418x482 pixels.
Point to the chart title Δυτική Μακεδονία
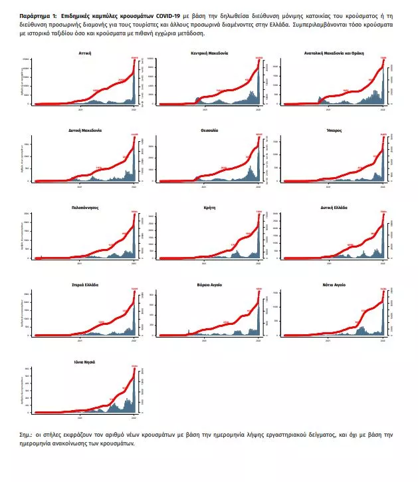click(84, 130)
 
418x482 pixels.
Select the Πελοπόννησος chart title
click(84, 208)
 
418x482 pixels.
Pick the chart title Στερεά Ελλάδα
click(84, 284)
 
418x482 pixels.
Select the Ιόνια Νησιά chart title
click(84, 361)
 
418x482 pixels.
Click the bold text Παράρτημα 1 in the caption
click(39, 14)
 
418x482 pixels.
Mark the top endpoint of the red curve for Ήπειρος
click(383, 137)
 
